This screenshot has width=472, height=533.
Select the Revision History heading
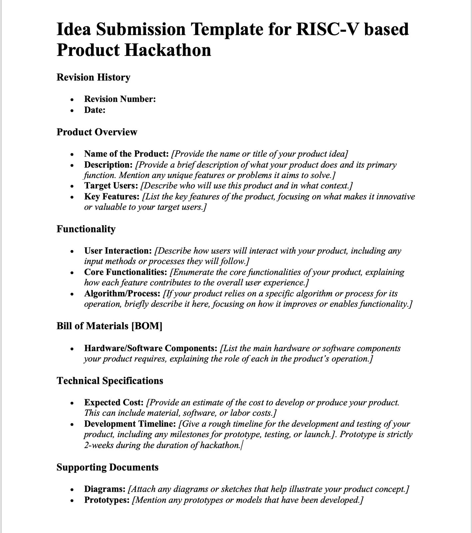93,77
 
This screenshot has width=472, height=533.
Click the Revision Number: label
120,99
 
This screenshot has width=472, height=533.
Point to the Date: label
95,110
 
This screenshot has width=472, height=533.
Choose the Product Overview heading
97,132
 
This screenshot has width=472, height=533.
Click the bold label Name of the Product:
126,154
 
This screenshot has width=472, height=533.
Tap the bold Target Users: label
111,186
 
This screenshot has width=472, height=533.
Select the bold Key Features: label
112,197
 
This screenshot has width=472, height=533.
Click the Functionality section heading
86,229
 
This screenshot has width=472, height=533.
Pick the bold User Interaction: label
118,251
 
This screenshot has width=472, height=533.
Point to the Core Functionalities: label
125,272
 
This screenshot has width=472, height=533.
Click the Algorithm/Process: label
122,293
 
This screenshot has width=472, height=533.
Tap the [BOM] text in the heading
147,326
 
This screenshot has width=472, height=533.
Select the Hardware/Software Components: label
151,348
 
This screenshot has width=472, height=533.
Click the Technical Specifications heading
110,381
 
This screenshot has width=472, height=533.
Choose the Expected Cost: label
114,402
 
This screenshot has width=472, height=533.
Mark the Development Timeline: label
130,424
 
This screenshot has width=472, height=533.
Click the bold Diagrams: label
105,489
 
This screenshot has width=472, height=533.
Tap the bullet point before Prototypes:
72,500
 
